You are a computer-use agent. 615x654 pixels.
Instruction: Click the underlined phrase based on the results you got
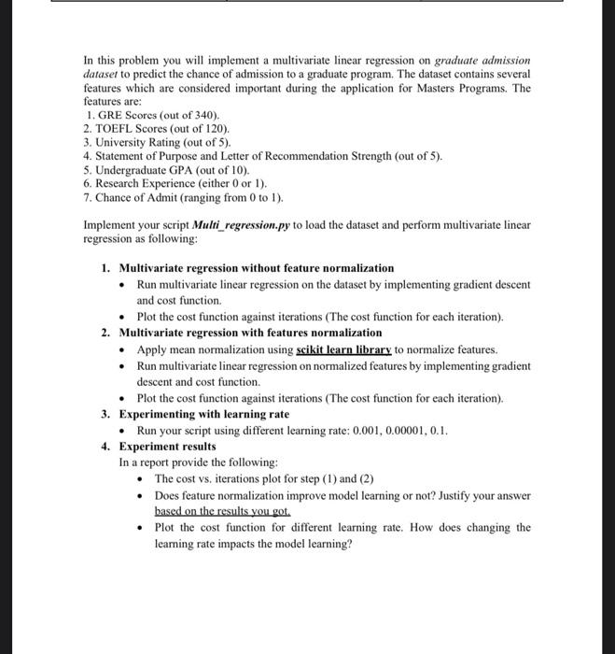[x=223, y=511]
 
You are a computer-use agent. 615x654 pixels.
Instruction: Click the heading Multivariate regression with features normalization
[x=251, y=333]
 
